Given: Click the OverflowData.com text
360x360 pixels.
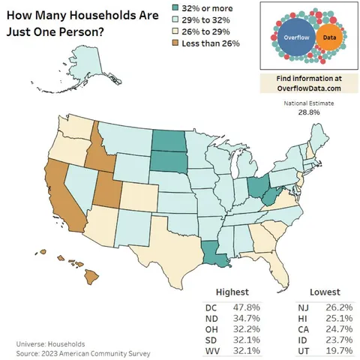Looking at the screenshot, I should [308, 88].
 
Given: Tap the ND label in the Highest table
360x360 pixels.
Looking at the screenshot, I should [211, 318].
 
